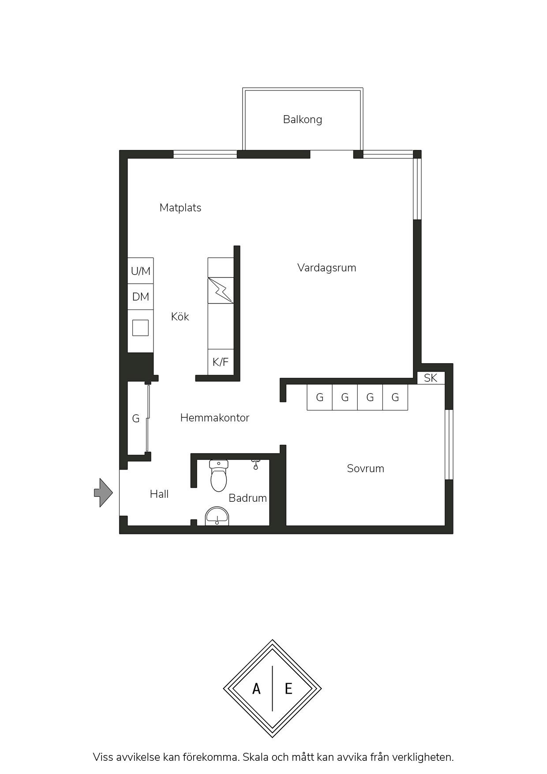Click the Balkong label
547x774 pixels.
[x=303, y=120]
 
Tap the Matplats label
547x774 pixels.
[x=180, y=208]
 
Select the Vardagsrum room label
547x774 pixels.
[x=327, y=268]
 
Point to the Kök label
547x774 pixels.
[x=180, y=316]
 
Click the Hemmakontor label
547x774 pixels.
[x=215, y=417]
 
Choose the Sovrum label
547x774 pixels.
[x=366, y=468]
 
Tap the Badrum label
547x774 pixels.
[x=248, y=498]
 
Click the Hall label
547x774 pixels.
[x=159, y=494]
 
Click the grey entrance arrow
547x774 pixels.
[x=104, y=492]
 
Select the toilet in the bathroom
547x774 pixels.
[x=218, y=475]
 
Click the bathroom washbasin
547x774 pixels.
[x=217, y=516]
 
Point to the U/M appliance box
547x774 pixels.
[x=141, y=271]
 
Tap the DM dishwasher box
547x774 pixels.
[x=141, y=297]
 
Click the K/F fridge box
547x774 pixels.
[x=221, y=362]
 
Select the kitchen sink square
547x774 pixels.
[x=140, y=328]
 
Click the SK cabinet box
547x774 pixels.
[x=431, y=378]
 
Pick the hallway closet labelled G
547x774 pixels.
[x=137, y=418]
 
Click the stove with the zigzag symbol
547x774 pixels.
[x=221, y=290]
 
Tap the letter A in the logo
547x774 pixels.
[x=256, y=688]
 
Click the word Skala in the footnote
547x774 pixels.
[x=256, y=757]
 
